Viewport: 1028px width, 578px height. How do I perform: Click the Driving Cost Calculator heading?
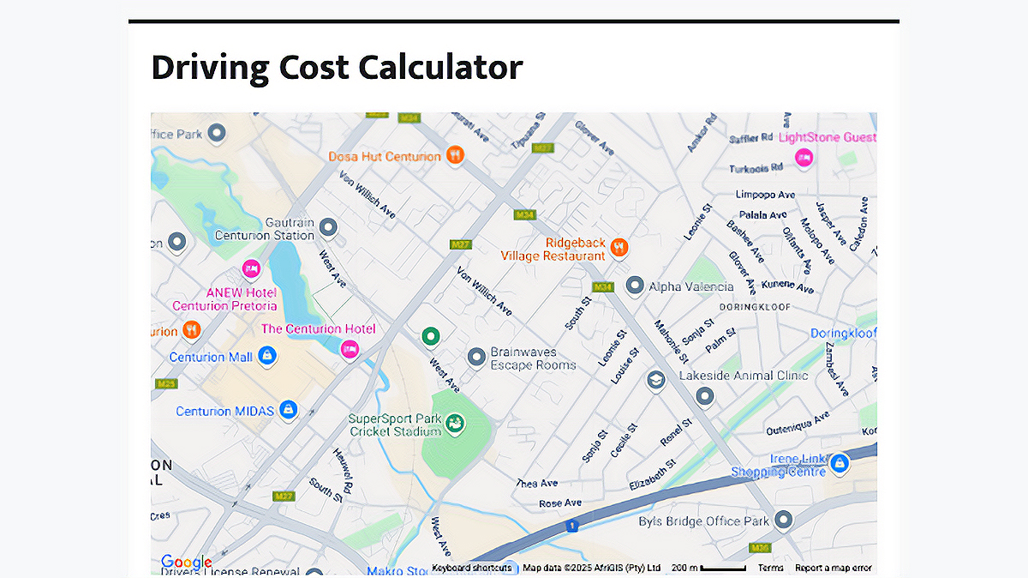coord(337,67)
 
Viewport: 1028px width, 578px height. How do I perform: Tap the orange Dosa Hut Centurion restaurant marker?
coord(455,155)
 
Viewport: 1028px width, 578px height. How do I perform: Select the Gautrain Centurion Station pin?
coord(327,227)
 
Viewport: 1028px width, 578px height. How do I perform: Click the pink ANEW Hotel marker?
coord(251,269)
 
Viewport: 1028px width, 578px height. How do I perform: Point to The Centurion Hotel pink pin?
coord(349,348)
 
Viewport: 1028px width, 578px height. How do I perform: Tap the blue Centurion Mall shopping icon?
coord(267,355)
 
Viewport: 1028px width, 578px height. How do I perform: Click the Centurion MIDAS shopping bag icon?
coord(289,409)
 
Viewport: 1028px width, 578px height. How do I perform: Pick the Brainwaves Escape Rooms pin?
coord(476,356)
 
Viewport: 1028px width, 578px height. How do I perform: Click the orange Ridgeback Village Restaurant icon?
coord(619,248)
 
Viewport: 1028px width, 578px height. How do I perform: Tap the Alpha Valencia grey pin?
coord(635,285)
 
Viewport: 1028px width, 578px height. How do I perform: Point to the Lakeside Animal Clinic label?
coord(744,376)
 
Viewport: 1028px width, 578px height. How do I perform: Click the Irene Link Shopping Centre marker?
coord(839,463)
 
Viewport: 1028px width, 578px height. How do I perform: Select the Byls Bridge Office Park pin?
coord(783,520)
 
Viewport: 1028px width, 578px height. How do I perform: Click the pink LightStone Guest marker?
coord(803,157)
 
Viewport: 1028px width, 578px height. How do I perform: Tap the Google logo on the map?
coord(186,563)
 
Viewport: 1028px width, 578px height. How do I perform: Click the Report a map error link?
coord(833,568)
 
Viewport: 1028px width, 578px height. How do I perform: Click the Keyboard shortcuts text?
coord(471,568)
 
